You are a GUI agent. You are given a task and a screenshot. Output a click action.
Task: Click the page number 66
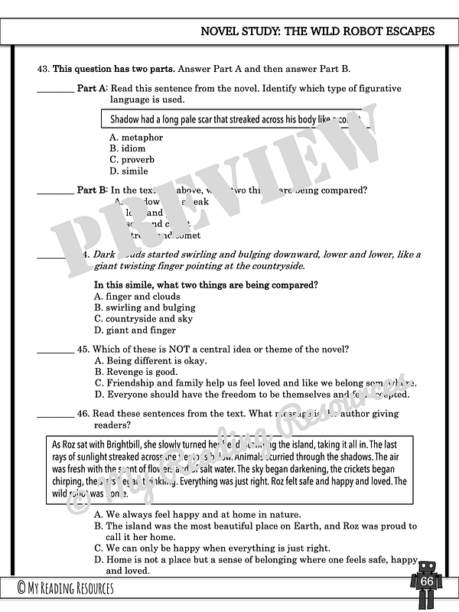coord(427,581)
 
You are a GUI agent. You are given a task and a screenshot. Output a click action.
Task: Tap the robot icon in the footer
coord(426,585)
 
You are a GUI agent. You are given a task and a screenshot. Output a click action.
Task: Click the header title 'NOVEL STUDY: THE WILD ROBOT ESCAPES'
coord(317,31)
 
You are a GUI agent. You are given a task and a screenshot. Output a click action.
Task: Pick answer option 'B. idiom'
coord(127,148)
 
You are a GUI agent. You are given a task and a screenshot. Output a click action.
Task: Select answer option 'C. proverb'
coord(132,160)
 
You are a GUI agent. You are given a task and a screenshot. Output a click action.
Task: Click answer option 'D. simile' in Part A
coord(129,171)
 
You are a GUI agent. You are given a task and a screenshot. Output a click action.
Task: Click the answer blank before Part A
coord(55,90)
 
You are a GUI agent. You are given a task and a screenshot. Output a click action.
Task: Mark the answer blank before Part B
coord(55,191)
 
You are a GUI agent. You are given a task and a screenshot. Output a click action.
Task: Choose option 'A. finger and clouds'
coord(137,296)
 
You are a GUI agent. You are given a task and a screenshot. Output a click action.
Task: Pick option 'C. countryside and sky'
coord(143,319)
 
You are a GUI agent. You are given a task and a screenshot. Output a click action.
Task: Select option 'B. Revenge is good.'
coord(135,372)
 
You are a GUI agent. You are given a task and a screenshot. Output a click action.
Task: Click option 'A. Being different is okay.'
coord(150,360)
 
